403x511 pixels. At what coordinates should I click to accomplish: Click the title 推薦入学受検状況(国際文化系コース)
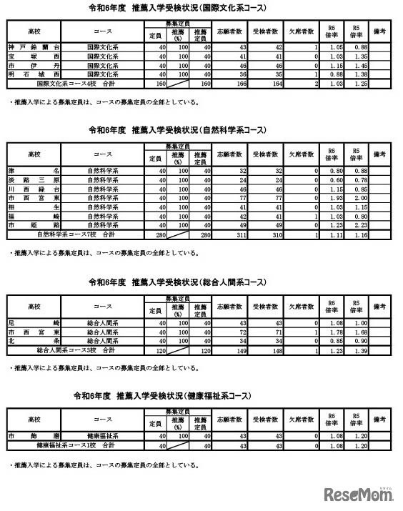coord(201,9)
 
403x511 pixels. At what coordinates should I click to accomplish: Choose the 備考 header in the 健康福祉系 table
coord(380,419)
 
